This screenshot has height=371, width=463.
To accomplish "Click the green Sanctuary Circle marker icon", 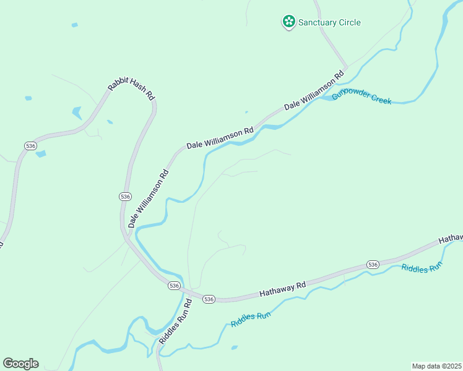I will tap(288, 22).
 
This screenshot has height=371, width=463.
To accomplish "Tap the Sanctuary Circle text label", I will tap(329, 23).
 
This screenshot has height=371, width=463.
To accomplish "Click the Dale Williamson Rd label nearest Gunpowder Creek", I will tap(314, 92).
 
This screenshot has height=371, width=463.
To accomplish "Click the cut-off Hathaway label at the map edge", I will tap(451, 239).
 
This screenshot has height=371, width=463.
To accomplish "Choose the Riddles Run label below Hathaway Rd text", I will tap(251, 320).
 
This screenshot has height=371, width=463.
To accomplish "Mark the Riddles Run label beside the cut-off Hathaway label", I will tap(422, 268).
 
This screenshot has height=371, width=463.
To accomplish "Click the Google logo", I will tap(20, 364).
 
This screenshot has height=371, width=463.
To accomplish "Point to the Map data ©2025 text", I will tap(436, 366).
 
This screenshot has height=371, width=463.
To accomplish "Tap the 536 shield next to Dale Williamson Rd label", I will tap(126, 196).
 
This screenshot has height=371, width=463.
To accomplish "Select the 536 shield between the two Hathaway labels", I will tap(372, 264).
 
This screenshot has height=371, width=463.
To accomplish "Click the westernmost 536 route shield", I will tap(30, 145).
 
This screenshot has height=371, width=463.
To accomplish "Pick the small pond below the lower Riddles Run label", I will tap(235, 348).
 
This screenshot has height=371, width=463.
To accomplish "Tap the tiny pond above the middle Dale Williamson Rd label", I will tap(246, 112).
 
